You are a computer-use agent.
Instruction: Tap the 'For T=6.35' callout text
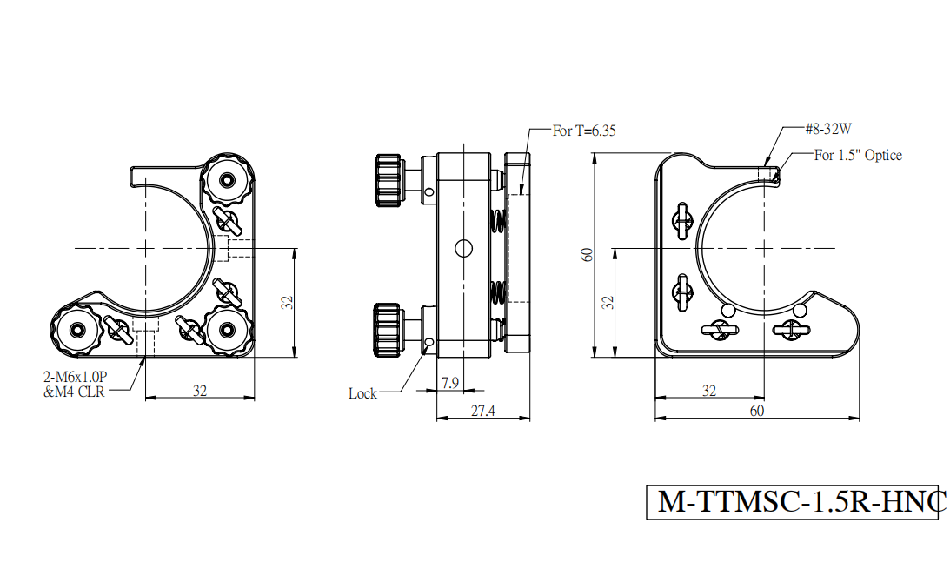click(x=584, y=131)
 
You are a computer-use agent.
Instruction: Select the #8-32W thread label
click(x=828, y=129)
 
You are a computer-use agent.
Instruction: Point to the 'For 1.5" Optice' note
click(x=858, y=155)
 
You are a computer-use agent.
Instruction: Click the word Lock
click(x=362, y=393)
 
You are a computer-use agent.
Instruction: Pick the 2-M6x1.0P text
click(x=75, y=378)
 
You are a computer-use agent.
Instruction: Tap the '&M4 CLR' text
click(x=74, y=392)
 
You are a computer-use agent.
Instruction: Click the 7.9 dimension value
click(x=450, y=384)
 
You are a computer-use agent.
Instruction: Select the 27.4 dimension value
click(x=483, y=411)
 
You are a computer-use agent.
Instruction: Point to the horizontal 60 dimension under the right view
click(x=757, y=411)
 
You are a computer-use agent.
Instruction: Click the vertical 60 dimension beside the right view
click(x=587, y=255)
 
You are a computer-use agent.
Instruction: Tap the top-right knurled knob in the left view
click(x=227, y=179)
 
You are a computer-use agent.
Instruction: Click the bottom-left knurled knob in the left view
click(x=77, y=330)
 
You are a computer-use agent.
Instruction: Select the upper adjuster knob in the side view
click(x=388, y=180)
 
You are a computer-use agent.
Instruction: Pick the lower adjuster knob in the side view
click(x=387, y=330)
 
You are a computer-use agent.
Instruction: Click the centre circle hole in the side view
click(x=463, y=248)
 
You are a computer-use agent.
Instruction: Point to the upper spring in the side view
click(x=497, y=220)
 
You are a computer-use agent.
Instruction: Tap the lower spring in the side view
click(x=497, y=291)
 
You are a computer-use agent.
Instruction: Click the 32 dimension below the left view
click(x=200, y=391)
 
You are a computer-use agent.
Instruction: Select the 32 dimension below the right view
click(x=709, y=391)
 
